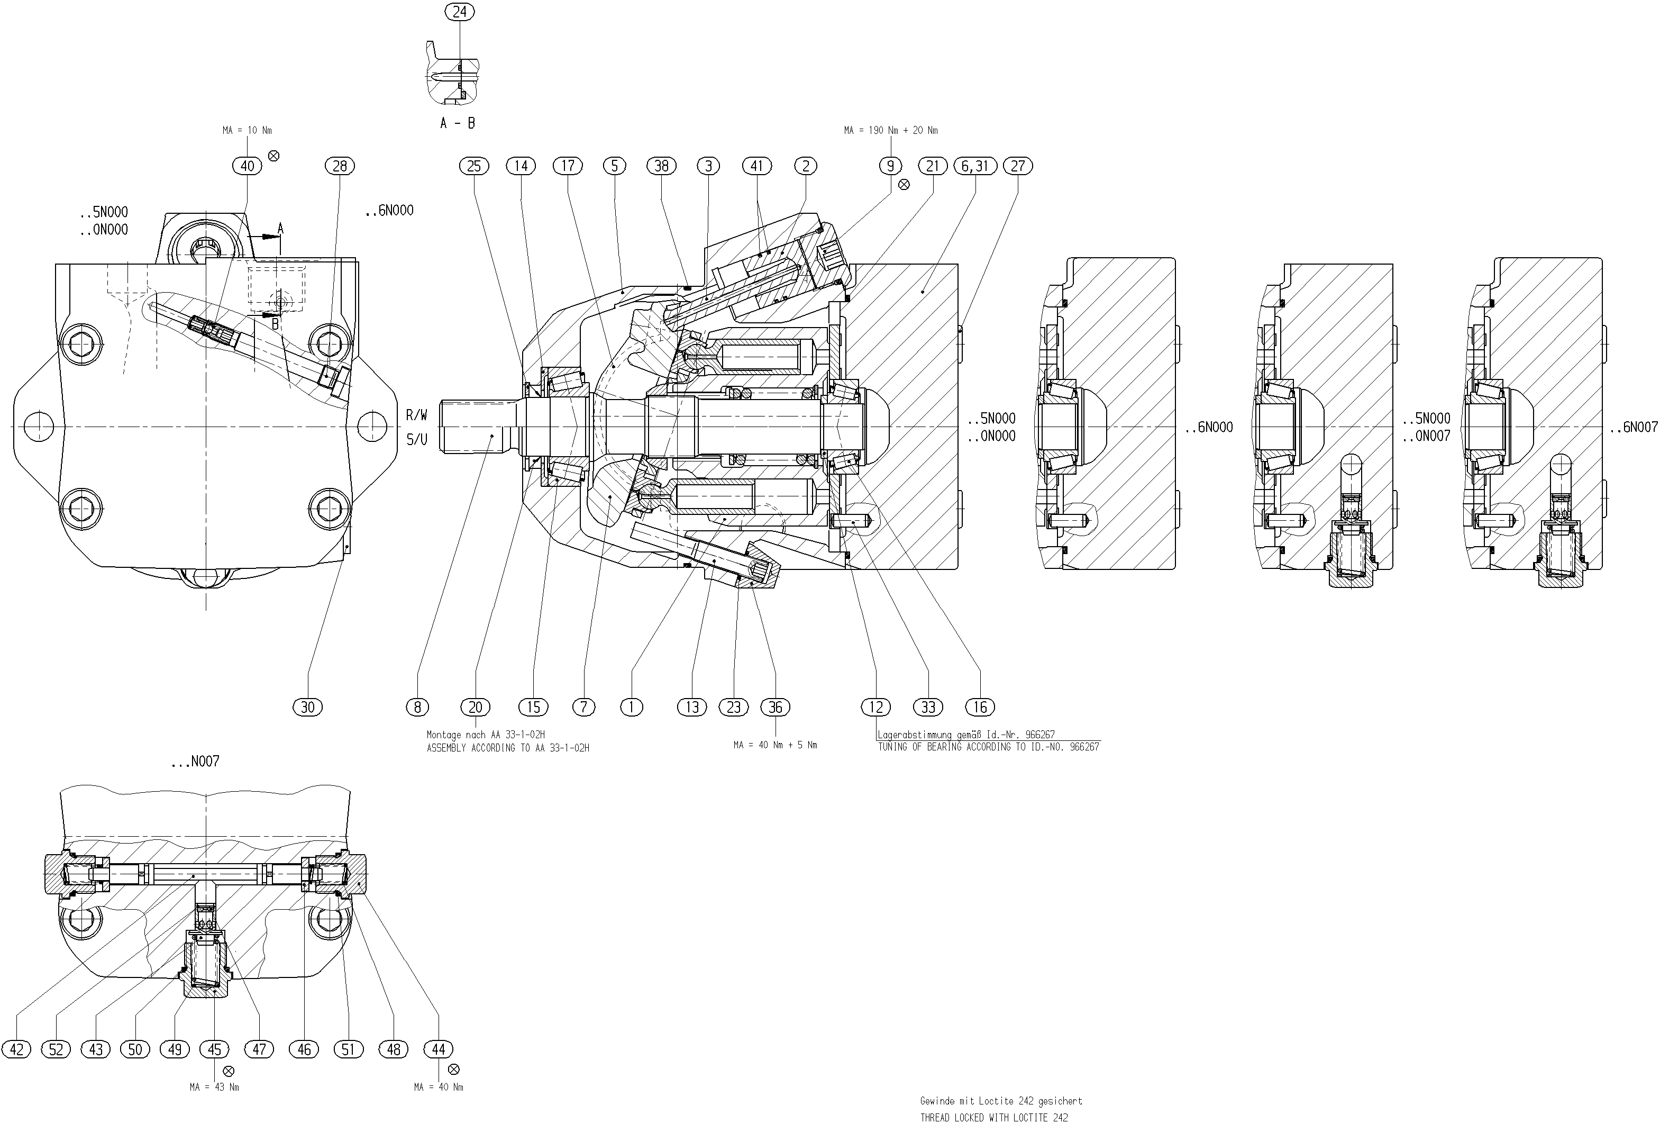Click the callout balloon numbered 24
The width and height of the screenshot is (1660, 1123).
pos(459,12)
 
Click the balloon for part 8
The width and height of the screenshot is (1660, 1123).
pos(417,707)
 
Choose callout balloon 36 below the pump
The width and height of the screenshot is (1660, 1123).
pos(776,707)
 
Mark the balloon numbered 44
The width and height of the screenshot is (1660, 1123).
pos(439,1049)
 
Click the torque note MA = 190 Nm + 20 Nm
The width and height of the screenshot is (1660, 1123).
pos(891,131)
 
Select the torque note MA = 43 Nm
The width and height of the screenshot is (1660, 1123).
pos(214,1088)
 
